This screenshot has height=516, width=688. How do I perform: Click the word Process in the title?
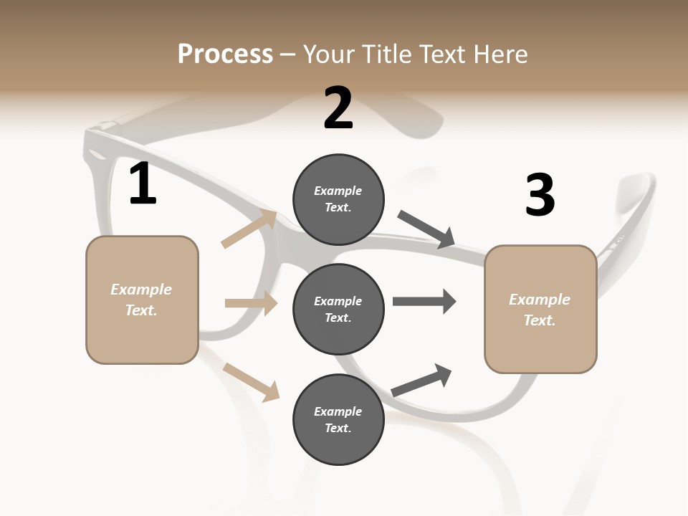tap(225, 54)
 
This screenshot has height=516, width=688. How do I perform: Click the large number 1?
tap(143, 184)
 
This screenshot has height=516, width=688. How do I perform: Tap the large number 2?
tap(338, 109)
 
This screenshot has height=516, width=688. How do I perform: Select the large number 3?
tap(540, 195)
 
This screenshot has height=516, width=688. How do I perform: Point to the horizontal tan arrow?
tap(251, 303)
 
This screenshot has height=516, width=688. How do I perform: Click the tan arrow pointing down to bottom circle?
tap(251, 381)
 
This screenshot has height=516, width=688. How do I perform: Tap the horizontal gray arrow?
tap(424, 302)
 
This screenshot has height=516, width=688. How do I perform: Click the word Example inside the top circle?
tap(338, 191)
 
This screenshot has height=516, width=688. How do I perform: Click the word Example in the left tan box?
tap(141, 290)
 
